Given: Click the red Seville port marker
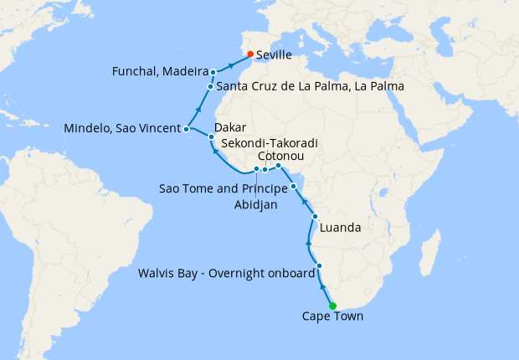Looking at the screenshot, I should (x=250, y=54).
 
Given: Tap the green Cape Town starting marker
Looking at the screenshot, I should (x=332, y=306).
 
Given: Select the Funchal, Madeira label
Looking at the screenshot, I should (x=160, y=72).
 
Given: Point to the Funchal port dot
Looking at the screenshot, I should (x=213, y=72).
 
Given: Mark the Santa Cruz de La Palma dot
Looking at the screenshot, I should (x=210, y=86).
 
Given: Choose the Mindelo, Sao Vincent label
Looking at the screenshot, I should (x=122, y=129).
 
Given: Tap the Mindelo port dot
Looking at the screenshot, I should (x=187, y=129).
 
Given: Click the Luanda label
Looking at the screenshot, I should (x=341, y=227).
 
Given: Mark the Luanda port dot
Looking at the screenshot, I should (x=315, y=218).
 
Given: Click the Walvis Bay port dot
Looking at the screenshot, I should (x=320, y=266).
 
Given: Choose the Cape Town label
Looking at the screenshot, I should (x=332, y=317).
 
